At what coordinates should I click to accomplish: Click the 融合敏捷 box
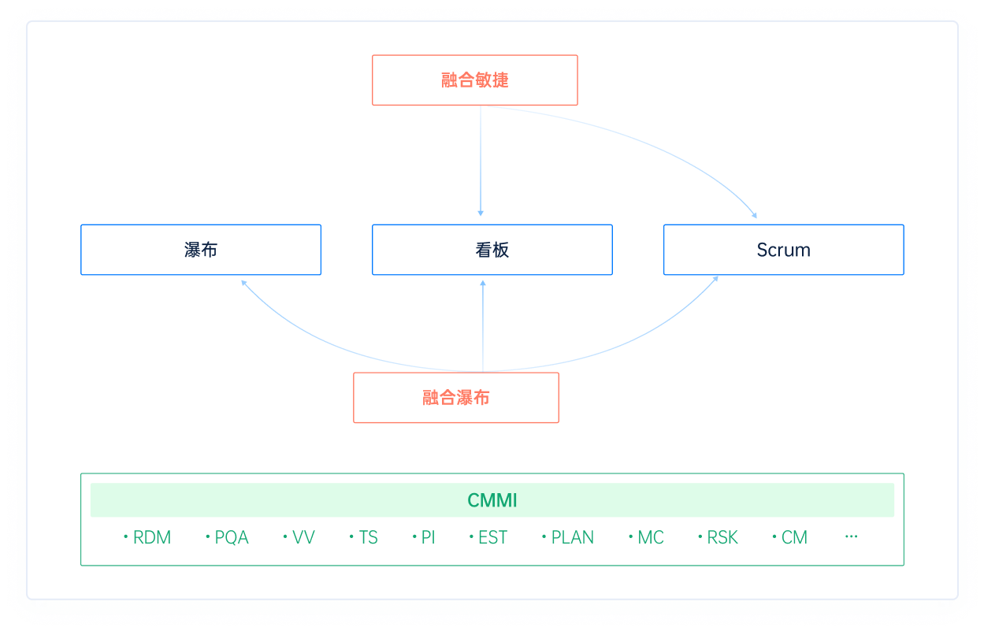pos(474,80)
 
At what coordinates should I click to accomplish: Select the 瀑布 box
pos(201,250)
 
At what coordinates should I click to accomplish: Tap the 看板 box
pos(492,250)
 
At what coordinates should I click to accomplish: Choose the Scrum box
pos(783,250)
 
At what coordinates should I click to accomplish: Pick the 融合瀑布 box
pos(455,398)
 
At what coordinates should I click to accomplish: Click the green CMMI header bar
pos(492,500)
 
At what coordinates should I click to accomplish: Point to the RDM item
pos(150,537)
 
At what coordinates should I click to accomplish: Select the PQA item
pos(231,537)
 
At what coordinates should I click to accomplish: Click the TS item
pos(367,537)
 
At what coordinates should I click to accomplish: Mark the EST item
pos(492,537)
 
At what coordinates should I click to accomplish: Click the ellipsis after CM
pos(851,536)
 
